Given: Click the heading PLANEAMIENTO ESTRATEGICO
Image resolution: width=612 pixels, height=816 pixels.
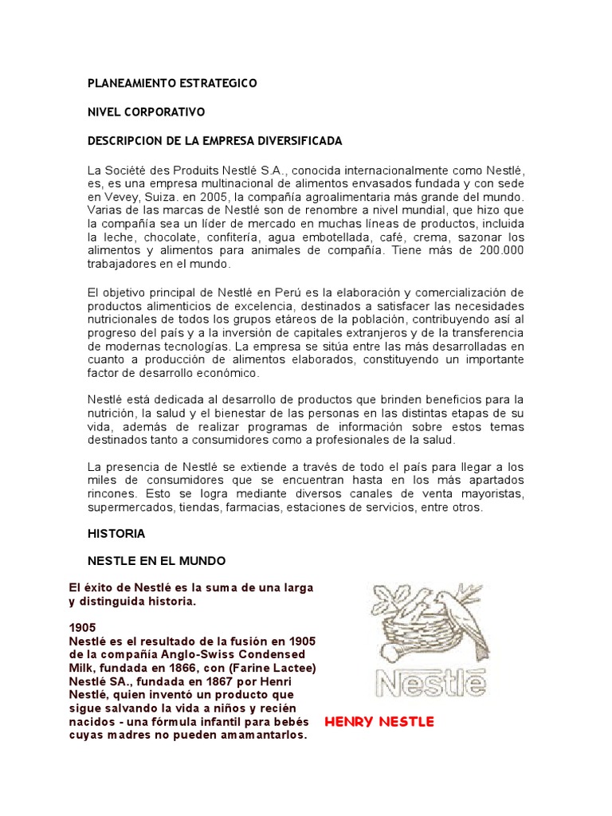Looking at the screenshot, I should [172, 83].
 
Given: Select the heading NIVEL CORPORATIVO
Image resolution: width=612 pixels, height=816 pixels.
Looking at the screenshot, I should [146, 112].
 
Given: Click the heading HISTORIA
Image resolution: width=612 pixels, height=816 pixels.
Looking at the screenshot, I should [116, 532].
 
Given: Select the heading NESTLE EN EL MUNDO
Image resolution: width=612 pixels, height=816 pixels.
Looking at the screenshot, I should [156, 561].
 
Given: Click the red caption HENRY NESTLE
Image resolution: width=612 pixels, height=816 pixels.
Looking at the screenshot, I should [379, 722].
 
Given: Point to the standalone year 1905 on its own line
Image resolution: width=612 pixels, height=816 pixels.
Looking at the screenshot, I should [83, 628].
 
